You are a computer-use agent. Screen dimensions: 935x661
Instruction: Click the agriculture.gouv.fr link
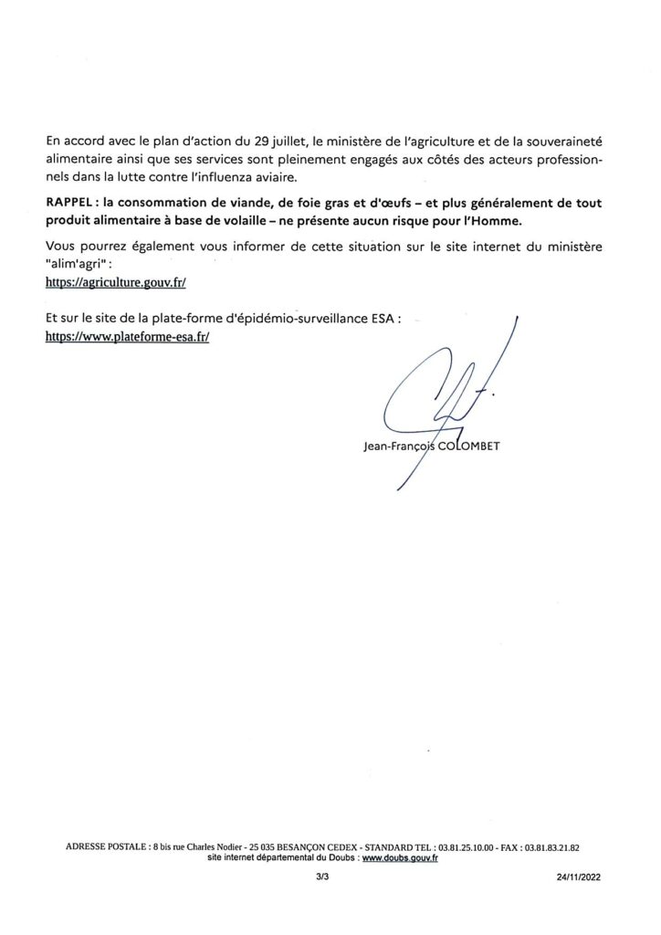pyautogui.click(x=115, y=284)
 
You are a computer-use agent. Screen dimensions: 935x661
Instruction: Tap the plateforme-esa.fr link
pyautogui.click(x=128, y=336)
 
